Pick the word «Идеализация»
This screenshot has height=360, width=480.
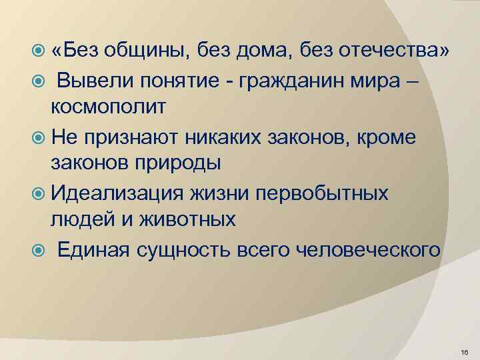click(x=123, y=194)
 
